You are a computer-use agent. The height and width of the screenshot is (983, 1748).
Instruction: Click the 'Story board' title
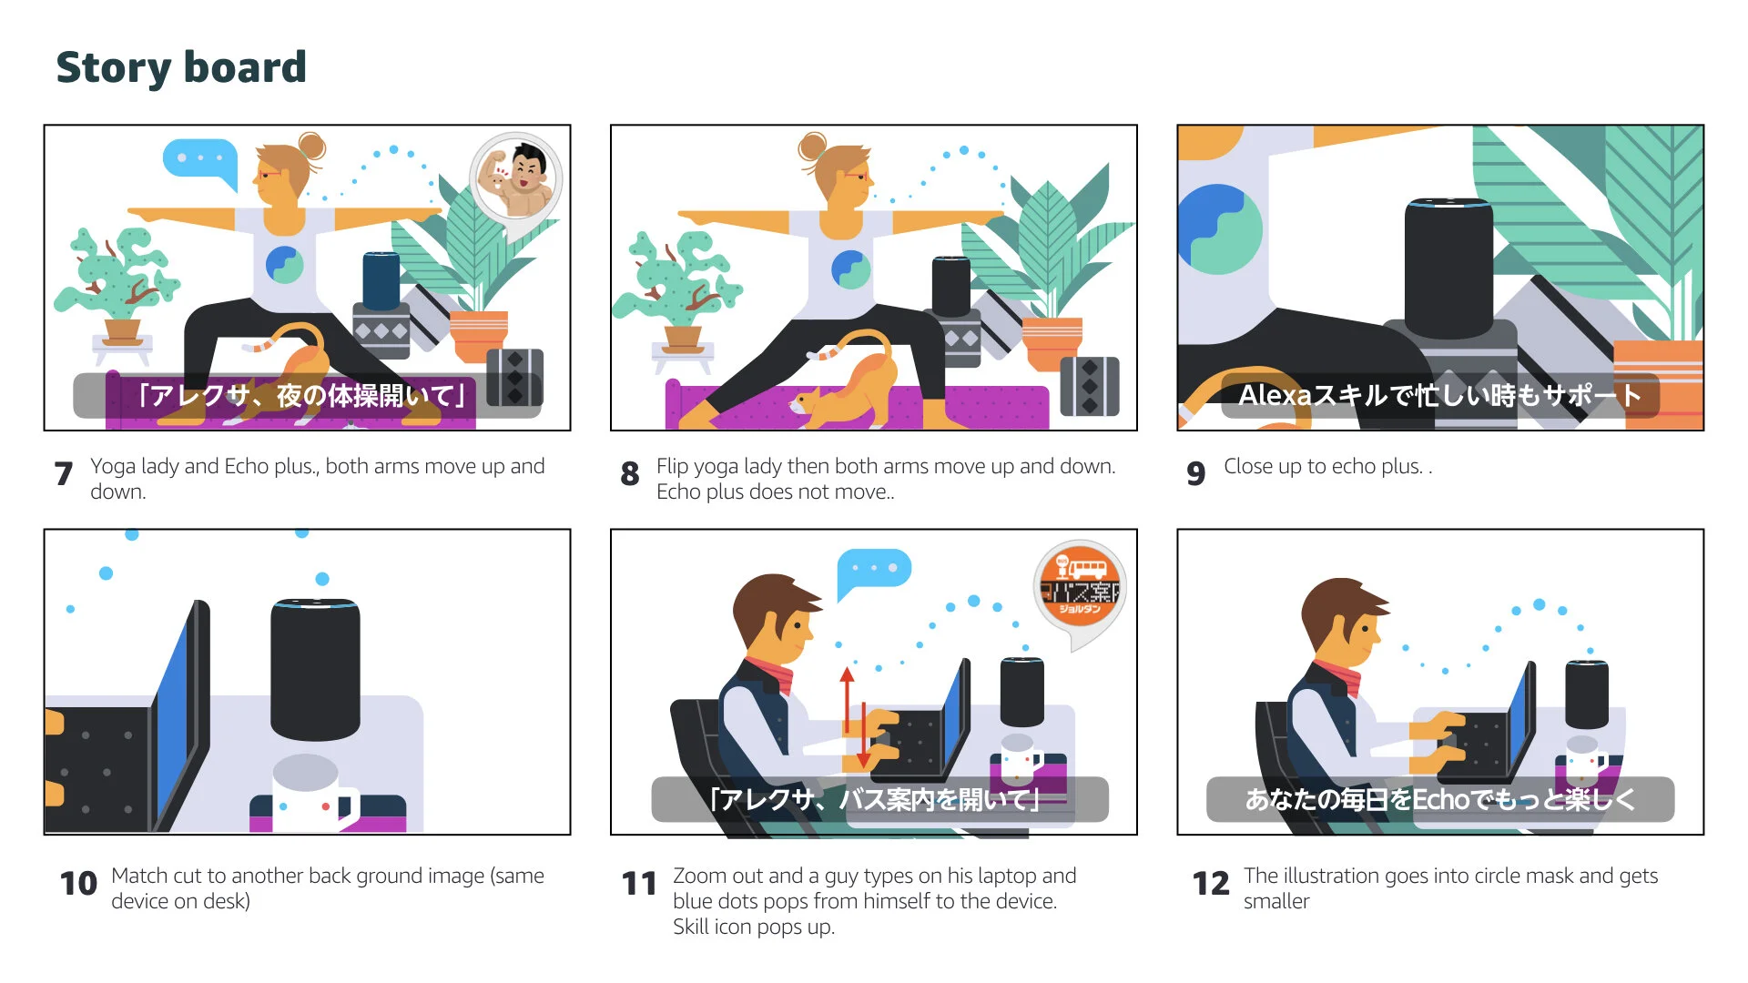(x=181, y=67)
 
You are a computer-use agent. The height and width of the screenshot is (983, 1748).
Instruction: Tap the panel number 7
(x=64, y=473)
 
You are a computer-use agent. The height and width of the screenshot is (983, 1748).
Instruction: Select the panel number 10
(x=78, y=883)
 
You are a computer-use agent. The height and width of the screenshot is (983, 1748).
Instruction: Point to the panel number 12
(x=1211, y=883)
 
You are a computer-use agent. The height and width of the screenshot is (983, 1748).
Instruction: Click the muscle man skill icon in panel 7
(x=516, y=177)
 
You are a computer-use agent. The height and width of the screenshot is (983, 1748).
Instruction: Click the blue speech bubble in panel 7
(x=199, y=160)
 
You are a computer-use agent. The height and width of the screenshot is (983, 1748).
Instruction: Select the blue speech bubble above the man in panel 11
(x=872, y=570)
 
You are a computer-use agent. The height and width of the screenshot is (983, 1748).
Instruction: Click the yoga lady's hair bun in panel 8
(x=812, y=146)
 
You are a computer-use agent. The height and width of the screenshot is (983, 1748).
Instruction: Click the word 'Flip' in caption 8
(x=672, y=467)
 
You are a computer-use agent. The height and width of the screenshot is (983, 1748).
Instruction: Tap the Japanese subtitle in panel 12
(x=1439, y=799)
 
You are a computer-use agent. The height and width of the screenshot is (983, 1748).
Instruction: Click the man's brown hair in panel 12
(x=1338, y=605)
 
